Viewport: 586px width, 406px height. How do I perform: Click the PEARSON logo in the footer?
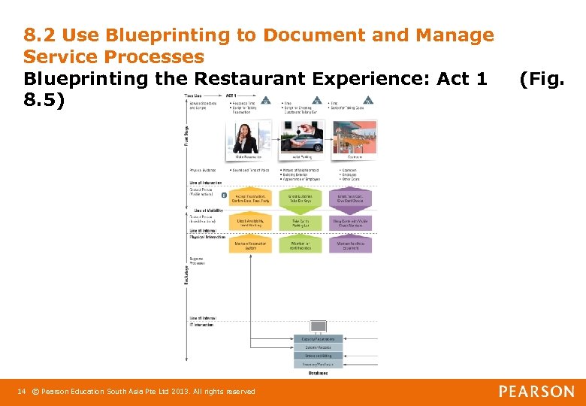(536, 391)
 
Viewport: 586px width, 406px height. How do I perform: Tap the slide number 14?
(22, 391)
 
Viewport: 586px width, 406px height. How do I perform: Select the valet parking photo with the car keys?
(301, 138)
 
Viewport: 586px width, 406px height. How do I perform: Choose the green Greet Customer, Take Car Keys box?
(301, 199)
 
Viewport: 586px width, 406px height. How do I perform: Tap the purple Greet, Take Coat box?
(350, 199)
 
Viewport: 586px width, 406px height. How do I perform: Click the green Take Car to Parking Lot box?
(301, 223)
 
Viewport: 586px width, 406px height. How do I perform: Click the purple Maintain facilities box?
(350, 245)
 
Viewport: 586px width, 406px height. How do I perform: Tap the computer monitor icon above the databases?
(319, 326)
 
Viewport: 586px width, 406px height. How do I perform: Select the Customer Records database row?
(319, 347)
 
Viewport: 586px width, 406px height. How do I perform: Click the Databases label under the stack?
(319, 373)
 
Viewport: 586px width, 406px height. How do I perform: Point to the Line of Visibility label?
(206, 211)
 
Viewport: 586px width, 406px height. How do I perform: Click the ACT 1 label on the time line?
(232, 96)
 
